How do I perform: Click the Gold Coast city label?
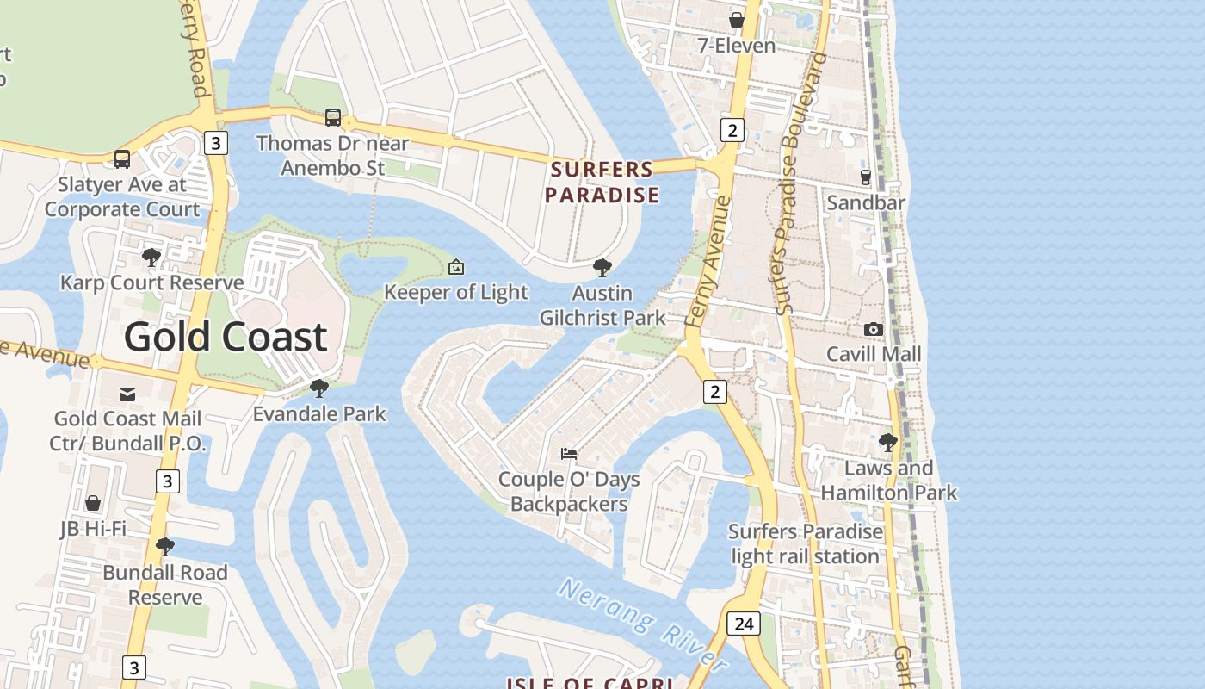click(226, 337)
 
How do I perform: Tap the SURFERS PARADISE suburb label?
click(602, 182)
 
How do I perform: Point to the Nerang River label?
click(644, 624)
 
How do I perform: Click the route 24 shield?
click(743, 623)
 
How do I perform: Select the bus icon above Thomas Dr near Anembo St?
click(333, 118)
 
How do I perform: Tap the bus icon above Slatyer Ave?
click(122, 159)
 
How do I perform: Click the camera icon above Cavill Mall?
click(873, 329)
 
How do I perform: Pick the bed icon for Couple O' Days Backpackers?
click(569, 453)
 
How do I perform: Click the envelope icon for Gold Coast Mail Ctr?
click(127, 394)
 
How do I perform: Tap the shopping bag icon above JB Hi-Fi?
click(93, 503)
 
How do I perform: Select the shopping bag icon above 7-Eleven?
click(737, 20)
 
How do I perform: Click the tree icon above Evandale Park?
click(319, 388)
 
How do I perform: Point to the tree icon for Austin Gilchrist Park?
click(602, 267)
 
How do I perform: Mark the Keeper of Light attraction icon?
click(456, 267)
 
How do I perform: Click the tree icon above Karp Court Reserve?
click(151, 257)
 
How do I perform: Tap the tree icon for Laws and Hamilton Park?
click(888, 443)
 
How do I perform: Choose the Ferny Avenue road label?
click(709, 261)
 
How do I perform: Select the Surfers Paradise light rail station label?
click(806, 543)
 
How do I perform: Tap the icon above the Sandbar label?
click(866, 177)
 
